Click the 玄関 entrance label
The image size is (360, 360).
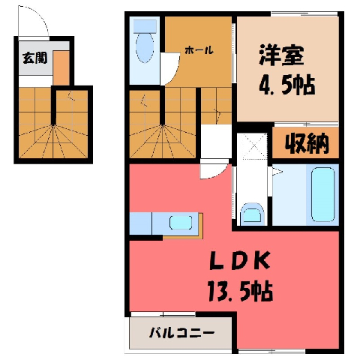coord(34,58)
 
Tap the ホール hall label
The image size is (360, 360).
coord(199,50)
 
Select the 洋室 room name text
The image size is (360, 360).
coord(281,55)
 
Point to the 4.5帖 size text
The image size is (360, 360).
coord(286,85)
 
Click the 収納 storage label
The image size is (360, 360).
coord(307,143)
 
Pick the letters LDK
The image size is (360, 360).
coord(240,260)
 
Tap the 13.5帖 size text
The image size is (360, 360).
coord(240,291)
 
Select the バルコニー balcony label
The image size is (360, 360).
coord(181,333)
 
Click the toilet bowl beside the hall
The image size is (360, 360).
coord(145,47)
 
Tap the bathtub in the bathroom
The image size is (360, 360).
coord(323,195)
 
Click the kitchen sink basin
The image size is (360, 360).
coord(181,222)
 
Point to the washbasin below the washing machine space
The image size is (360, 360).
coord(252,213)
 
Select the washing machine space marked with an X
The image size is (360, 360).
coord(252,146)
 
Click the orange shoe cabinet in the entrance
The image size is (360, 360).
coord(61,67)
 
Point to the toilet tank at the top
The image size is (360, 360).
coord(145,26)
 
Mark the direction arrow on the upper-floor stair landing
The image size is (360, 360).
coord(217,114)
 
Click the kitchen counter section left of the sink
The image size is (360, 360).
coord(140,223)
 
